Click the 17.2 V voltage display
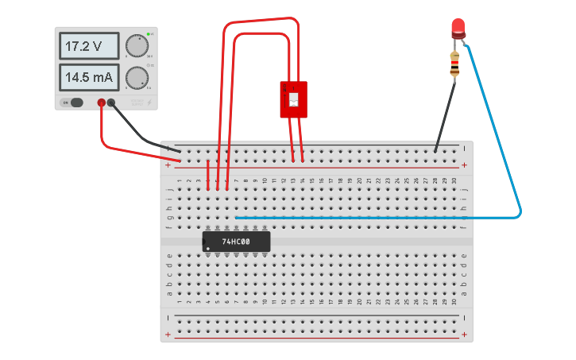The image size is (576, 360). [88, 46]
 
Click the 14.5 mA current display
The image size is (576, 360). [88, 78]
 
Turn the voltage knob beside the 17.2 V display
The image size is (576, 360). [137, 46]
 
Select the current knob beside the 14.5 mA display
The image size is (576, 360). [137, 78]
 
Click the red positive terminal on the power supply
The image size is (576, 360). [102, 102]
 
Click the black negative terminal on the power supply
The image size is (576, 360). [112, 102]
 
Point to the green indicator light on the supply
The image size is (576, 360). [149, 34]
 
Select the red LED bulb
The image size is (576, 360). [458, 29]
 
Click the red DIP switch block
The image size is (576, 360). [293, 99]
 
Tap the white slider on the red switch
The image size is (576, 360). [293, 99]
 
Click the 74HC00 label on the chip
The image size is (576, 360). [237, 242]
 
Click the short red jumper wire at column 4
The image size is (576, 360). [208, 174]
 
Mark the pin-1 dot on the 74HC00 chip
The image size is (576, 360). [208, 249]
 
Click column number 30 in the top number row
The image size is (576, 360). [454, 180]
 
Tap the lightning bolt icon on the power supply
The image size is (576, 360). [149, 102]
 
